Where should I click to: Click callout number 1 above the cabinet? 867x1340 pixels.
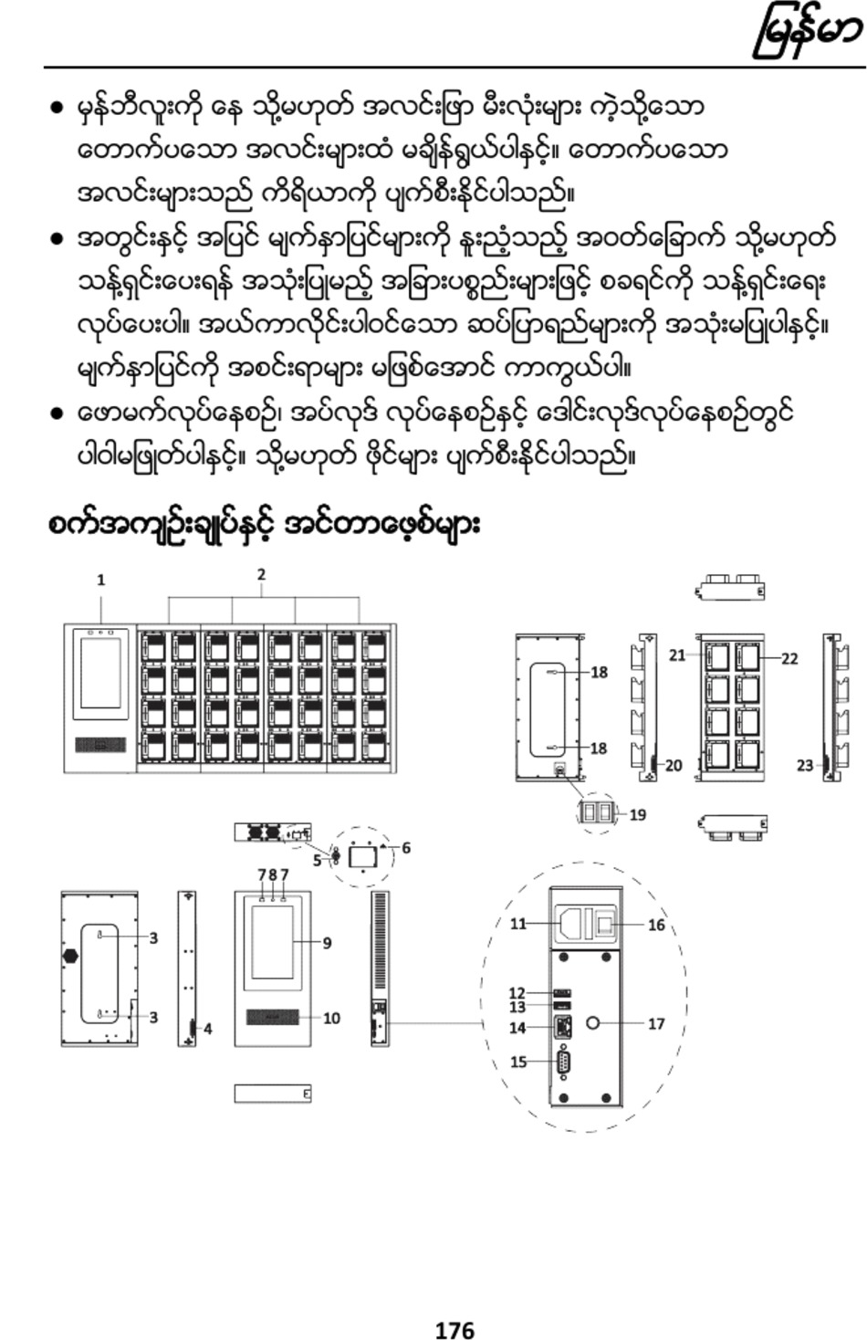click(101, 580)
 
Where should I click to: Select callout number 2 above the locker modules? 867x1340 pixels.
click(261, 574)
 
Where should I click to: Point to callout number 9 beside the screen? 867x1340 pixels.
click(327, 943)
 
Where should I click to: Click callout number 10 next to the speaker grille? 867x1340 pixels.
click(331, 1018)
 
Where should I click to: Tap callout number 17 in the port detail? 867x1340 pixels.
click(656, 1023)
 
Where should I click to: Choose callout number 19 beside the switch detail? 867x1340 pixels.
click(637, 814)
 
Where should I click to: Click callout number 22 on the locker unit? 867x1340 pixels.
click(789, 658)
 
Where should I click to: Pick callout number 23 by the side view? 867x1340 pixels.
click(806, 765)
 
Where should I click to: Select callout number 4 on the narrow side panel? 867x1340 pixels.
click(207, 1029)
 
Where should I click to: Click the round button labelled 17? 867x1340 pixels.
click(592, 1023)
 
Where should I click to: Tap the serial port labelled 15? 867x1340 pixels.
click(562, 1062)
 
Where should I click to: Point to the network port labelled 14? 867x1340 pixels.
click(563, 1027)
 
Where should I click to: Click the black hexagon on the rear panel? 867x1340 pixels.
click(70, 956)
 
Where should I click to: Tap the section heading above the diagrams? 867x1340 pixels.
click(264, 525)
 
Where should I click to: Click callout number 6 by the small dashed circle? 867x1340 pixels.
click(406, 848)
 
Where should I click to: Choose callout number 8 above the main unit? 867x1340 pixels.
click(273, 874)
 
